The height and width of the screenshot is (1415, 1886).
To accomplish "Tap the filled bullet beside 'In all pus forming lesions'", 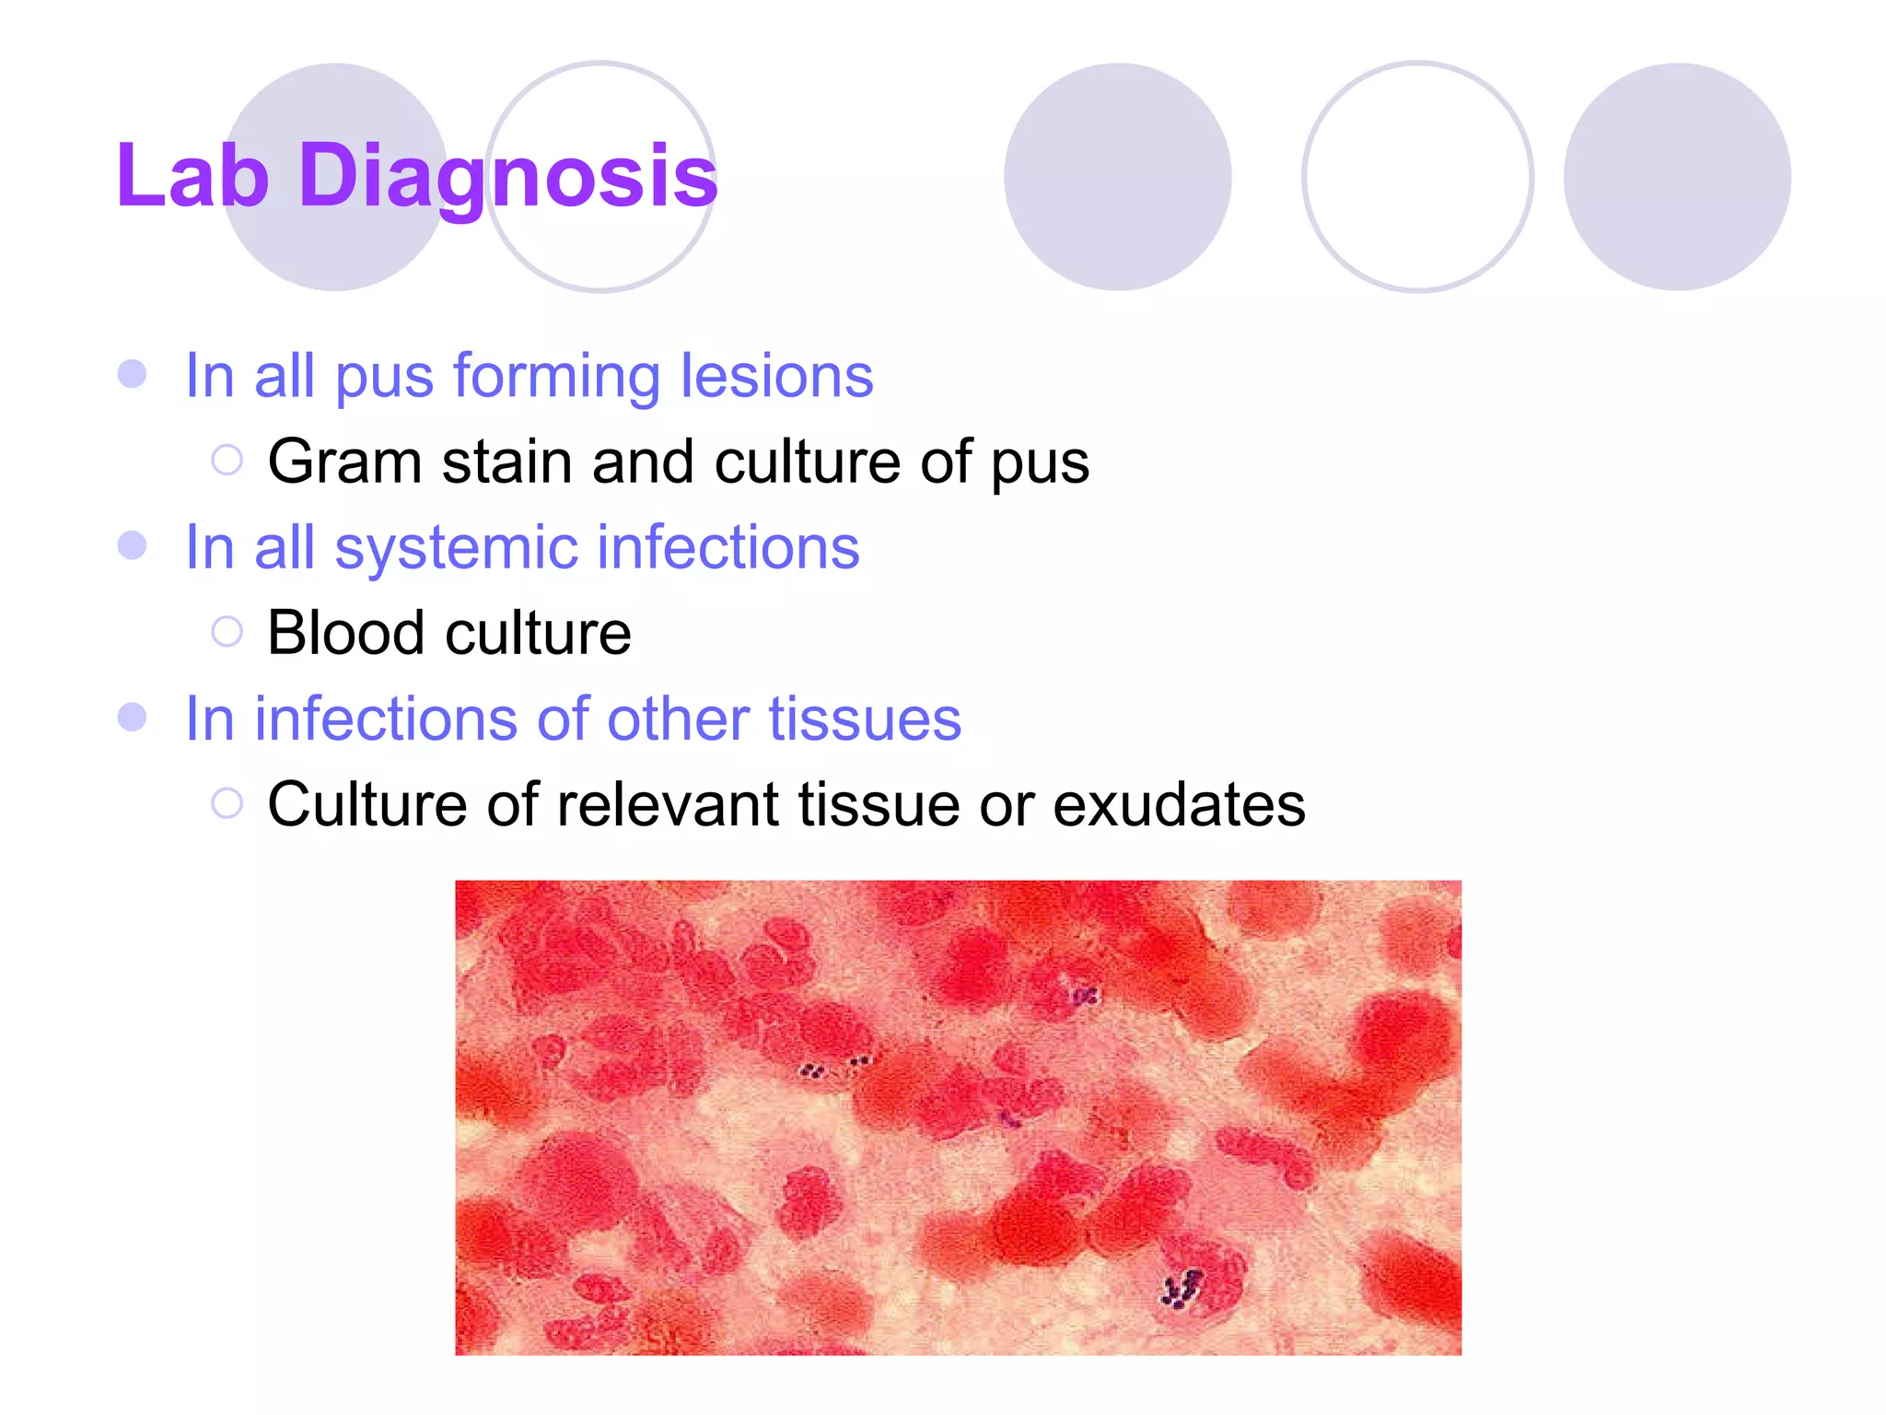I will [133, 374].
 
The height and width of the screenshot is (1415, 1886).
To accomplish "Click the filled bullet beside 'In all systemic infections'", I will [133, 545].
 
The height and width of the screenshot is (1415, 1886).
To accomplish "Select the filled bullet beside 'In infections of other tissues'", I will [133, 717].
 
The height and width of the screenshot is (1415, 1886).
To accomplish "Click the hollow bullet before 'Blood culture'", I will [227, 632].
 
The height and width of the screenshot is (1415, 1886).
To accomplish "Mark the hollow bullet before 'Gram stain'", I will [227, 460].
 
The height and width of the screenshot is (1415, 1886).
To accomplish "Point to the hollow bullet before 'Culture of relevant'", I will [227, 803].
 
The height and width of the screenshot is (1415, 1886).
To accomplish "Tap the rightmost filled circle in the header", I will [1677, 177].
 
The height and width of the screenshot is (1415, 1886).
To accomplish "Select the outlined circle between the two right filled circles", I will [1417, 177].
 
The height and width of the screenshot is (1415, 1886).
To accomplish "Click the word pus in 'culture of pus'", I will [1040, 463].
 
